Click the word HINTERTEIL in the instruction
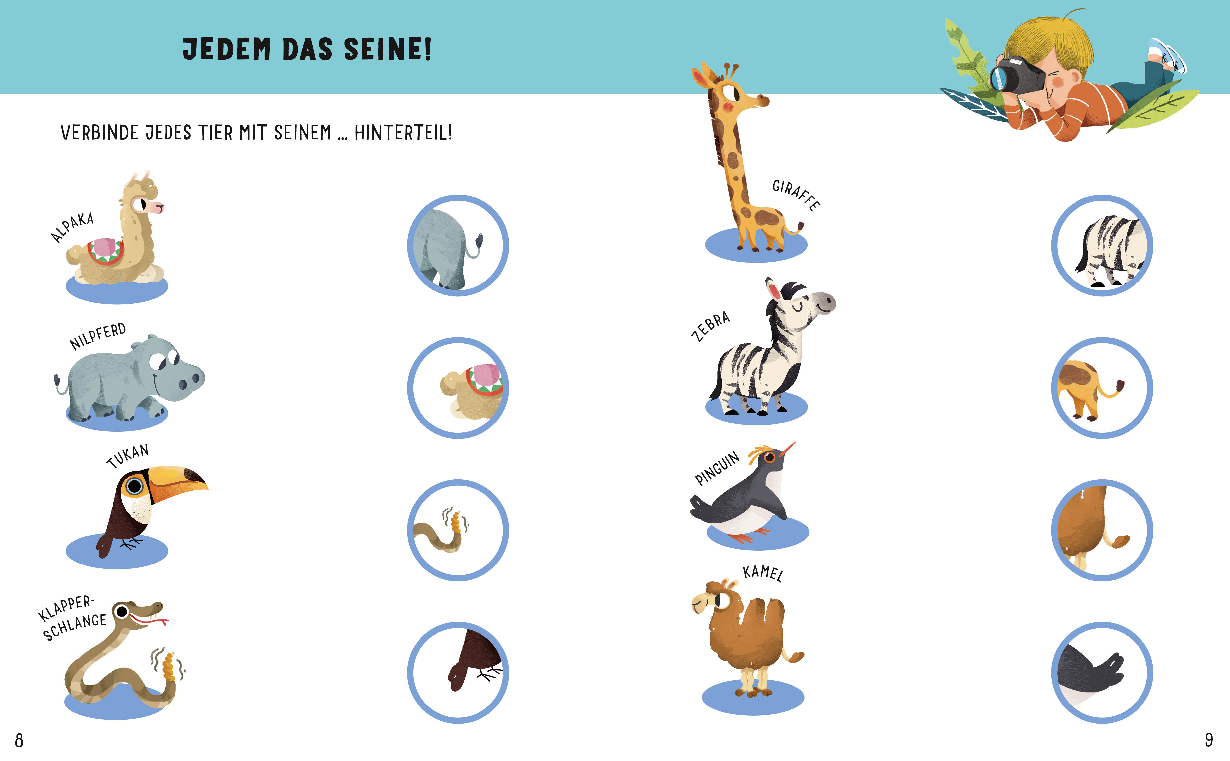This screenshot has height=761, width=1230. point(403,133)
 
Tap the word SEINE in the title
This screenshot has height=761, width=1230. point(387,49)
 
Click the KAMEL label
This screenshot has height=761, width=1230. point(763,573)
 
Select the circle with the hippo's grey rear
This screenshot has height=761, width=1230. point(458,246)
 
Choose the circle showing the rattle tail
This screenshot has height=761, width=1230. point(458,530)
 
